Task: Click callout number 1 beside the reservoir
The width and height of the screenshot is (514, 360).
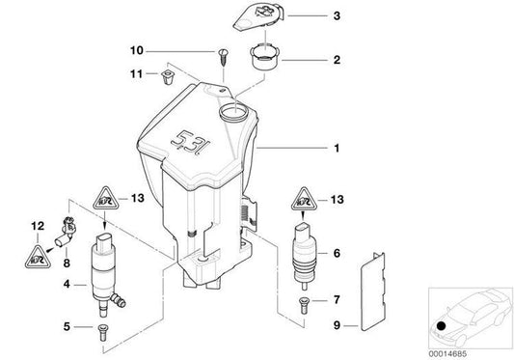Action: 337,150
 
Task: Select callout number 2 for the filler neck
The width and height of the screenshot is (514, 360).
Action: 336,60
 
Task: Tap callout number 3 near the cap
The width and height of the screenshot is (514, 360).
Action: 336,16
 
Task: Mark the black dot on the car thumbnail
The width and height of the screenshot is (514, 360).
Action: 442,328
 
